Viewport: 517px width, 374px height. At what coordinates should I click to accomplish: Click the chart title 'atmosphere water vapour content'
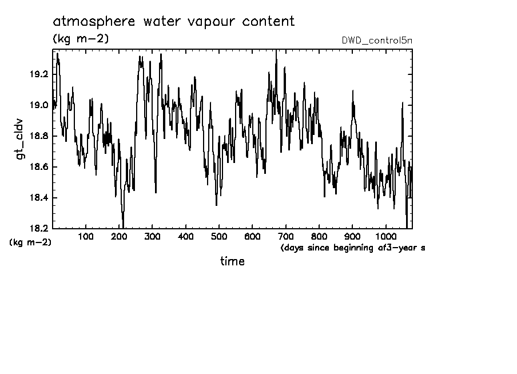tap(174, 22)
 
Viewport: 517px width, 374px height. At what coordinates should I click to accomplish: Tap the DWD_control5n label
tap(376, 41)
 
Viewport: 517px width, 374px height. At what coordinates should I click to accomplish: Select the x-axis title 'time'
tap(232, 261)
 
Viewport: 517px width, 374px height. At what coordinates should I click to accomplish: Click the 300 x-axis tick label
tap(152, 237)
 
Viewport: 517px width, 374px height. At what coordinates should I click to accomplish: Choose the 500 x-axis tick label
tap(219, 237)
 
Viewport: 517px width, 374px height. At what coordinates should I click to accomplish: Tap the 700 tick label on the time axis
tap(285, 237)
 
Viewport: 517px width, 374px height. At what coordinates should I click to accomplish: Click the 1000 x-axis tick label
tap(384, 237)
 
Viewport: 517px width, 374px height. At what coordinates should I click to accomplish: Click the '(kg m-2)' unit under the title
tap(80, 39)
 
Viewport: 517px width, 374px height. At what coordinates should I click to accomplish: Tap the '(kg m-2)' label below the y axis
tap(30, 242)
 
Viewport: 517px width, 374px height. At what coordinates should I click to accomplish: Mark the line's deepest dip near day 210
tap(123, 226)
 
